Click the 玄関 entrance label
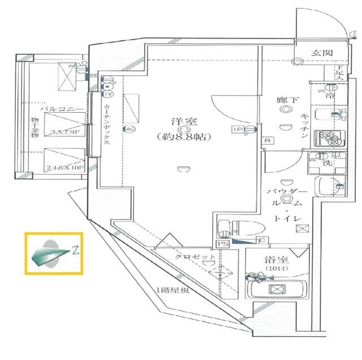coord(322,53)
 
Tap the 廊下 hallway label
coord(285,99)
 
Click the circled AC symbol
coord(130,129)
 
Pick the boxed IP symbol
coord(236,130)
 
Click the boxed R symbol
coord(267,140)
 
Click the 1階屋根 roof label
coord(172,291)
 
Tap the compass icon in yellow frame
coord(54,253)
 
